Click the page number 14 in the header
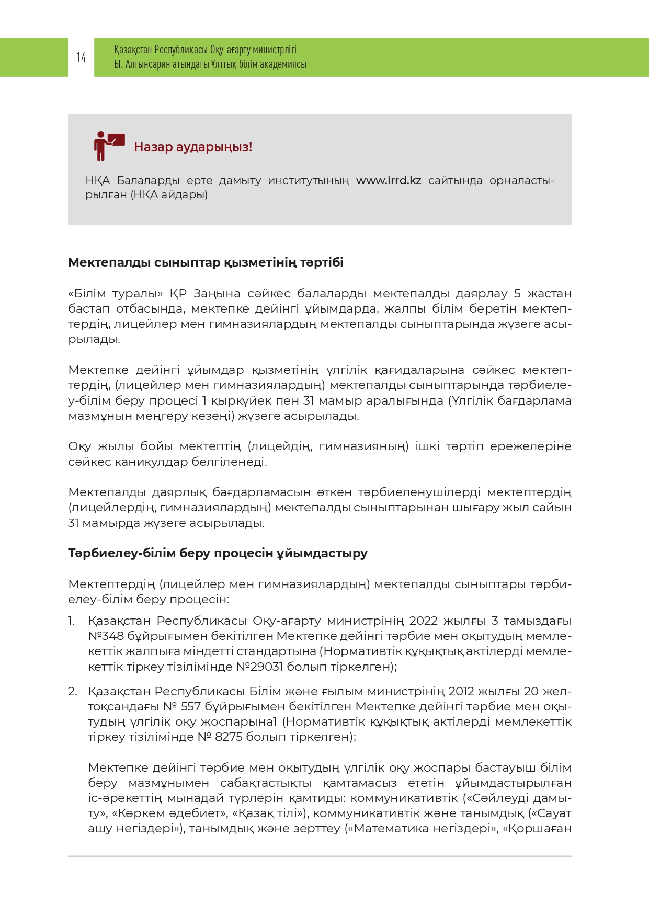tap(81, 57)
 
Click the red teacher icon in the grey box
tap(108, 146)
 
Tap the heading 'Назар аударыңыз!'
tap(193, 147)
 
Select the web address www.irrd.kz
tap(389, 180)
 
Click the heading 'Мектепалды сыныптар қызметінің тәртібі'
tap(206, 262)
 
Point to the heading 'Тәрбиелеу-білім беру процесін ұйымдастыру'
tap(218, 553)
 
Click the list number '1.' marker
tap(72, 621)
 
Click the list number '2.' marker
tap(73, 692)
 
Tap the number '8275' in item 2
tap(229, 737)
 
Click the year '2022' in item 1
tap(423, 621)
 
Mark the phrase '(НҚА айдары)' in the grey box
tap(169, 195)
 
